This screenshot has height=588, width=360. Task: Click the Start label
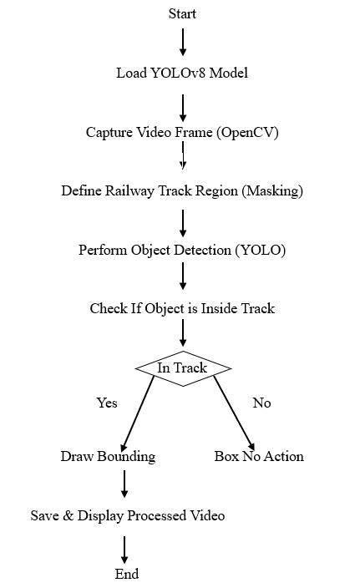coord(182,13)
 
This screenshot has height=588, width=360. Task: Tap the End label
coord(127,573)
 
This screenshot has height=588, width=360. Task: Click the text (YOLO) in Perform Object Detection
coord(261,250)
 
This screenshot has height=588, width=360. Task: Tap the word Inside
coord(219,308)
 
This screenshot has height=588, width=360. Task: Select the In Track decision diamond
coord(183,368)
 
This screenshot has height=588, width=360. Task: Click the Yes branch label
coord(107,403)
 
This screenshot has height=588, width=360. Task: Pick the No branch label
coord(261,403)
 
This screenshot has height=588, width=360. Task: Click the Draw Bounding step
coord(108,456)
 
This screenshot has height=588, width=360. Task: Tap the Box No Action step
coord(259,456)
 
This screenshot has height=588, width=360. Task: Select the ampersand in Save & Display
coord(68,515)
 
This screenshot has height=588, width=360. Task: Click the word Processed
coord(157,515)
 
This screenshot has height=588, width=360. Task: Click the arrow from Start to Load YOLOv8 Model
coord(183,42)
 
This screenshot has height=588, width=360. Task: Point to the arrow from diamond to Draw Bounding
coord(138,413)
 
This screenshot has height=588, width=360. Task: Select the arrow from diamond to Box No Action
coord(235,413)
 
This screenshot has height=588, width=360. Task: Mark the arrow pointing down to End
coord(124,550)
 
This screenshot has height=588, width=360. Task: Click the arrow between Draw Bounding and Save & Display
coord(124,484)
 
